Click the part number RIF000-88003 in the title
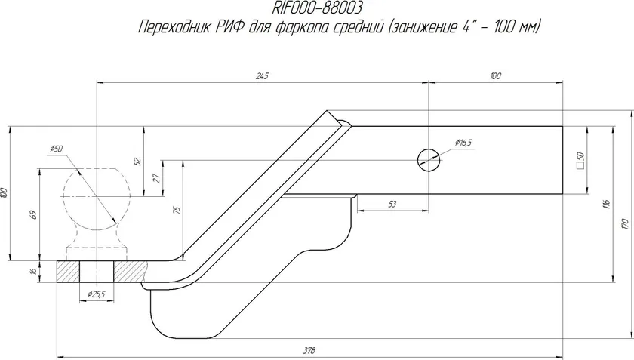[x=316, y=8]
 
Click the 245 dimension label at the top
[x=262, y=76]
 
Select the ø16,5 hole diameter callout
[x=463, y=143]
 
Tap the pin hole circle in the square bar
[x=429, y=160]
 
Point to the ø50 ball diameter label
[x=56, y=149]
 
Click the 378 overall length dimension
[x=309, y=350]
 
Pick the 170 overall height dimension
[x=625, y=223]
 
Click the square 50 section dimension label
[x=581, y=160]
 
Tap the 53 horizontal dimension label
[x=392, y=205]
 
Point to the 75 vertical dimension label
[x=177, y=210]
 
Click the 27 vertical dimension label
[x=158, y=178]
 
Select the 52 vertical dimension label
[x=138, y=162]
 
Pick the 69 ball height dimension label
[x=34, y=214]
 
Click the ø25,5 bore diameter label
[x=97, y=294]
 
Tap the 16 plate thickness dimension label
[x=34, y=271]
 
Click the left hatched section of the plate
[x=68, y=272]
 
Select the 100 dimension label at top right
[x=495, y=76]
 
